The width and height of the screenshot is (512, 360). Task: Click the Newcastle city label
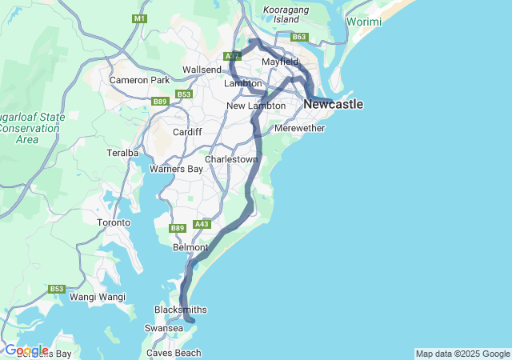pos(334,105)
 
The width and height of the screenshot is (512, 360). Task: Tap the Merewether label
pos(299,128)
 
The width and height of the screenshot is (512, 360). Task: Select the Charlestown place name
pos(231,159)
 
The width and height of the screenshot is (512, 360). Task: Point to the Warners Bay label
pos(178,169)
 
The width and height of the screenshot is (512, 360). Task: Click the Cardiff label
pos(187,132)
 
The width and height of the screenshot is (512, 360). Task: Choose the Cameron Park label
pos(139,80)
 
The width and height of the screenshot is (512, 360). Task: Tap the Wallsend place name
pos(202,70)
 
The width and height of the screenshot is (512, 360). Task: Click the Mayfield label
pos(279,62)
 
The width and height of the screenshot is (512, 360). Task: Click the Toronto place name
pos(113,222)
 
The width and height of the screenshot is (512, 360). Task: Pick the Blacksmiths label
pos(181,310)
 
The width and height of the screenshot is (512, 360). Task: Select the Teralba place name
pos(122,152)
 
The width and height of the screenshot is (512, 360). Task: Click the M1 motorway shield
pos(141,18)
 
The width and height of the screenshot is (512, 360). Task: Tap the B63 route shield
pos(299,37)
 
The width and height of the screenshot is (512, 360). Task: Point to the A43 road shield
pos(202,225)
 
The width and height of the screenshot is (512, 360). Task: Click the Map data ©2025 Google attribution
pos(462,354)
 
